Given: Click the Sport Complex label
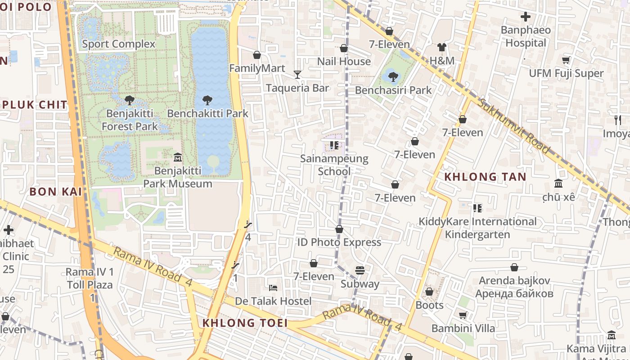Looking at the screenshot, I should (118, 44).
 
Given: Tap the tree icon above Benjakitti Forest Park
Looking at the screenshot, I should (130, 100).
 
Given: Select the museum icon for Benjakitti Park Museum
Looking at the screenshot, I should (178, 157).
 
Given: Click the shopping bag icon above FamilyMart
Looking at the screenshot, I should (257, 55).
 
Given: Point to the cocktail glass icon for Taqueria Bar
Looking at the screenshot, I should (297, 74).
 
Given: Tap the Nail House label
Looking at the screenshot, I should (344, 61).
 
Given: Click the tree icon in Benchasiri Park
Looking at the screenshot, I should (393, 76).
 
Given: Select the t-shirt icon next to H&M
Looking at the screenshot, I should (441, 47).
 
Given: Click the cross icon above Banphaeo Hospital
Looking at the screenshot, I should (525, 17).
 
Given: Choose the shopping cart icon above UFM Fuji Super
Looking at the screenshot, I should (566, 60).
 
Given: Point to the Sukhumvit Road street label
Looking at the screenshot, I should (513, 126).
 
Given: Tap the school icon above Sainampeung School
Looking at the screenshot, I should (334, 145).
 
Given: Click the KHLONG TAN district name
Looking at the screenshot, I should (485, 177).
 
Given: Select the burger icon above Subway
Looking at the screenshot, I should (360, 270).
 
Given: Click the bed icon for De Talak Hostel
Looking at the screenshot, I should (273, 288).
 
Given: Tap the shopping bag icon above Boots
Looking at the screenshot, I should (429, 292).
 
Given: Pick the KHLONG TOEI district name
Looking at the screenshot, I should (245, 323).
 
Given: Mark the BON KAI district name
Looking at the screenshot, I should (55, 192).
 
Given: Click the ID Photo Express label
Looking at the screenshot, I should (339, 242).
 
